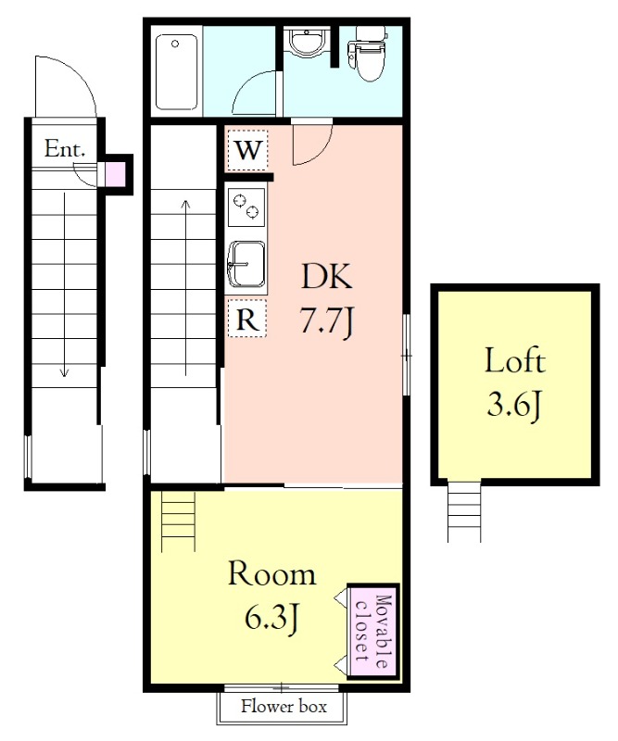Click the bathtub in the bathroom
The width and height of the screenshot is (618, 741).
click(176, 72)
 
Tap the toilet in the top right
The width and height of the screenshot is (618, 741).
click(368, 53)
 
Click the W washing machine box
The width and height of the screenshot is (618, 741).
click(247, 150)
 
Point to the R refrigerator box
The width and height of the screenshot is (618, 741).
click(247, 319)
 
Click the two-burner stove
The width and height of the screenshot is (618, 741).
click(246, 207)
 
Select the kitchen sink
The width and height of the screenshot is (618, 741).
click(246, 264)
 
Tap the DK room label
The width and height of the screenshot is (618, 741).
click(327, 276)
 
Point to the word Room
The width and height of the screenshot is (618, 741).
click(272, 574)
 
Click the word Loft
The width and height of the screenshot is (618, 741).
click(515, 361)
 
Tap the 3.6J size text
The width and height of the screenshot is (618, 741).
click(514, 405)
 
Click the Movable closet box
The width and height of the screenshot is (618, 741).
click(373, 632)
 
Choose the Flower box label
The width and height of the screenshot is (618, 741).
click(284, 707)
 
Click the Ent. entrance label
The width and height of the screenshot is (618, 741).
click(65, 149)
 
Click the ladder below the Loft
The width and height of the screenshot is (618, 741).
click(465, 512)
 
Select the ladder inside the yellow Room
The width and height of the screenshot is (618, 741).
click(178, 521)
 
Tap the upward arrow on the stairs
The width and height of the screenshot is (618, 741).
click(186, 287)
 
